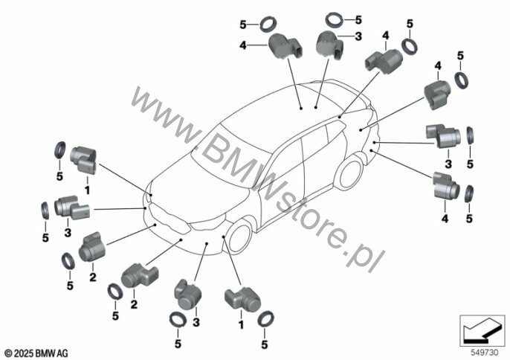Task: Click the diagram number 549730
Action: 483,349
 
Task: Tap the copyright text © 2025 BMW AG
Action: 35,350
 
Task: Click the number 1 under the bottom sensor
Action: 241,324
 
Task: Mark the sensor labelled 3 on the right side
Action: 442,135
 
